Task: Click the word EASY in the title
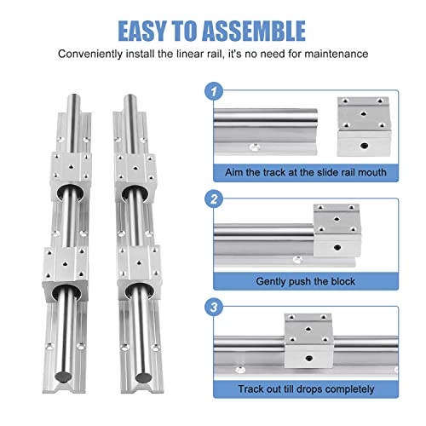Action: click(151, 31)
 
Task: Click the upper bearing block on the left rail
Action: click(70, 177)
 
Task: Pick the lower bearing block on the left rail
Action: click(70, 271)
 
